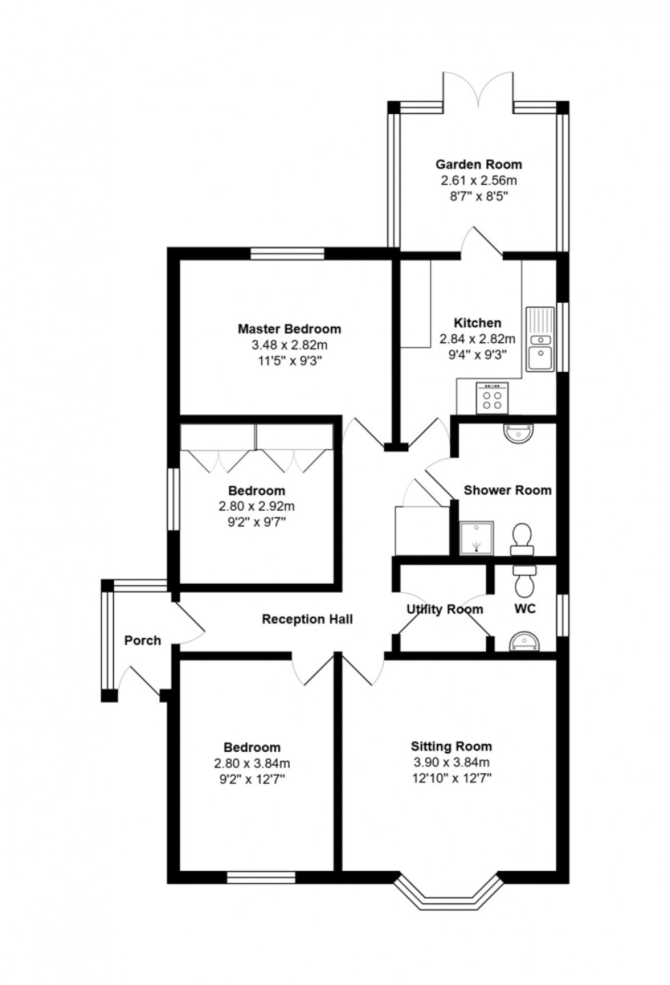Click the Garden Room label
(479, 165)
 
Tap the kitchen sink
(541, 339)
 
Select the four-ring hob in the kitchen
(492, 398)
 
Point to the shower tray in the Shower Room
(477, 538)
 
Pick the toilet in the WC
(525, 581)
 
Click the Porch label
(142, 640)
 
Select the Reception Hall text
(307, 619)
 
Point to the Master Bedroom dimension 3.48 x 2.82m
(289, 345)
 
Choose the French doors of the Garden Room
(478, 90)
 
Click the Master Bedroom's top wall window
(287, 254)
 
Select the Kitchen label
(477, 323)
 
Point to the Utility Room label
(445, 610)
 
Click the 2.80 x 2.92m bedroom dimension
(256, 506)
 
